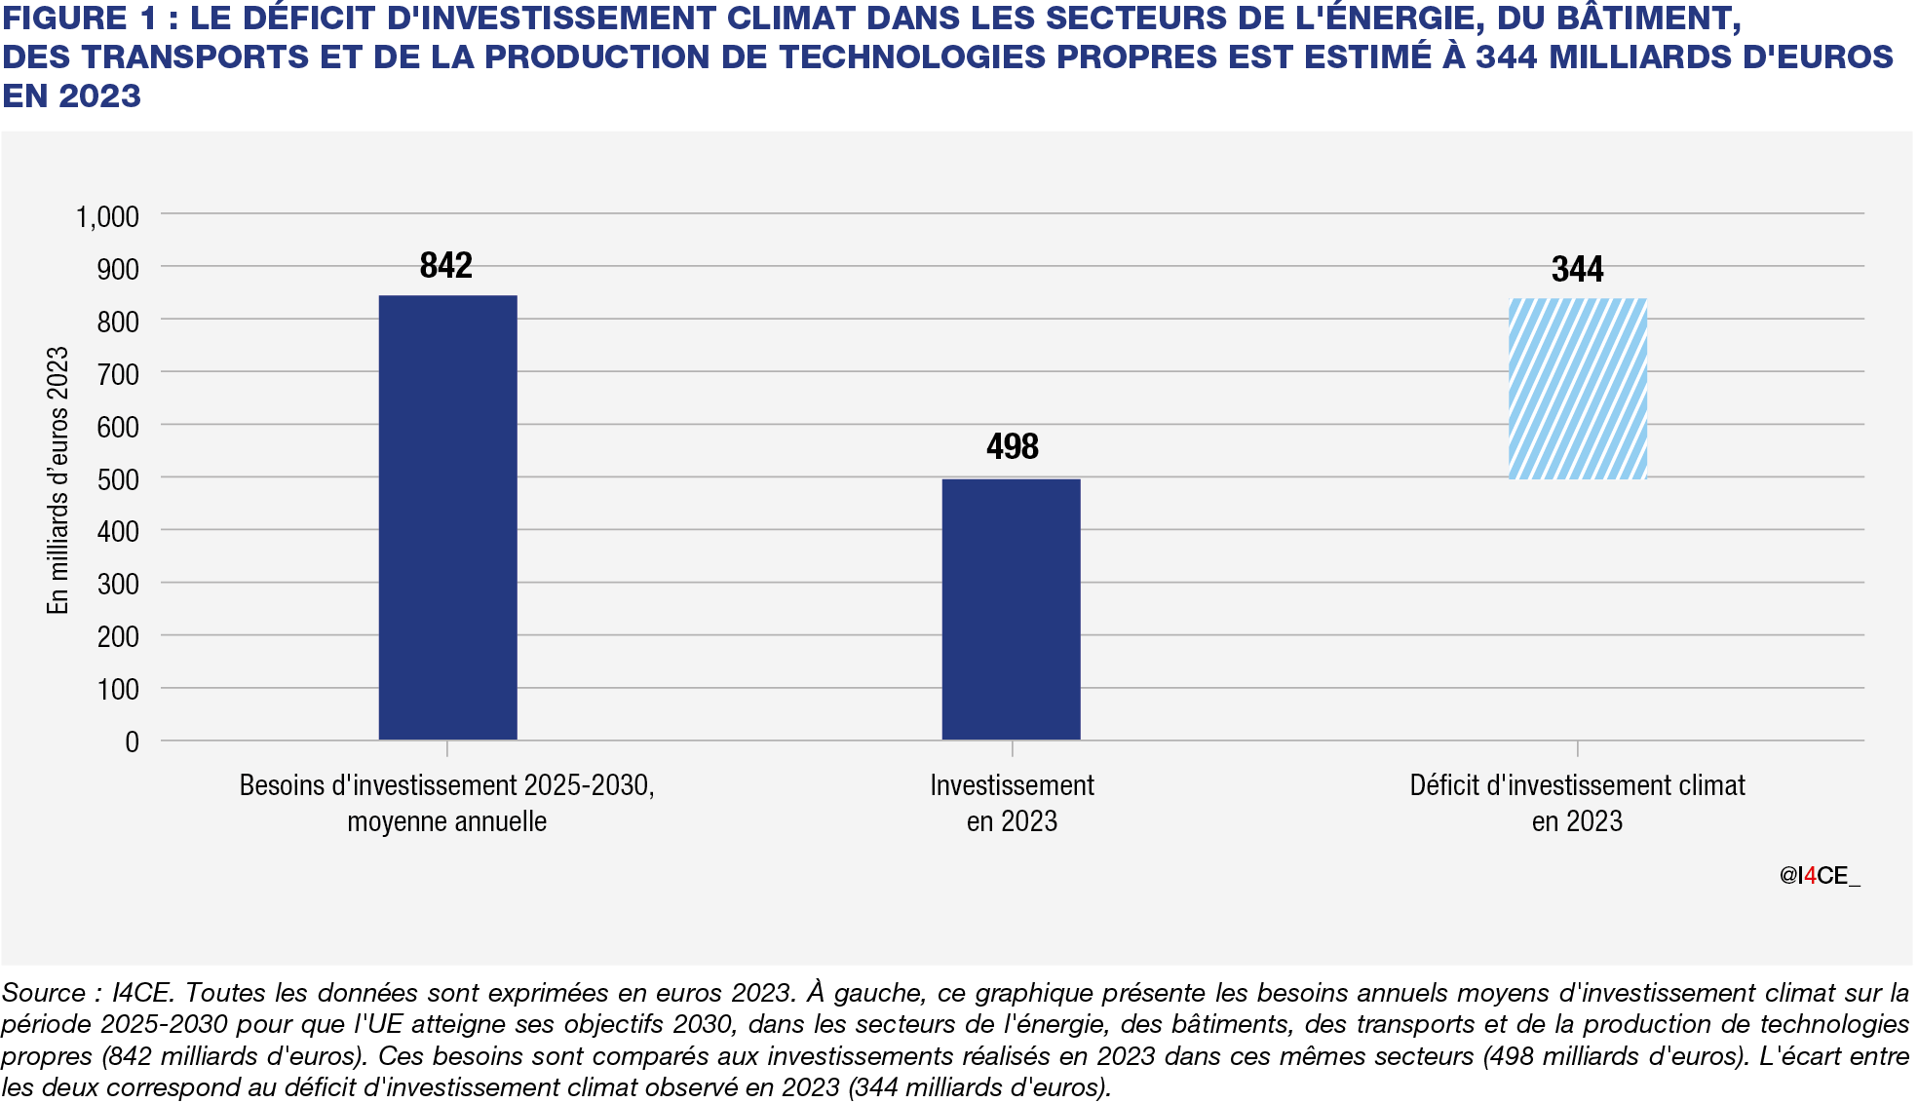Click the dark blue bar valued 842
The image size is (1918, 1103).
click(x=447, y=516)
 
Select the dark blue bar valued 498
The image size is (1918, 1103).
click(x=1011, y=609)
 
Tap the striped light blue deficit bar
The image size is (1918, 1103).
click(x=1577, y=389)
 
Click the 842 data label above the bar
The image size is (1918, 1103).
click(x=446, y=265)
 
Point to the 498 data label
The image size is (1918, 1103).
click(x=1012, y=446)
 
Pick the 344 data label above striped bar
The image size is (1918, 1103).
click(x=1577, y=269)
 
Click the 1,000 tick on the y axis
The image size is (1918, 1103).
click(x=107, y=216)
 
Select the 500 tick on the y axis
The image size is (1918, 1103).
click(x=118, y=479)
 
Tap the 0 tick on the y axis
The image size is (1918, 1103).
click(x=132, y=742)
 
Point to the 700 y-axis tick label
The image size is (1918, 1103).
click(x=118, y=374)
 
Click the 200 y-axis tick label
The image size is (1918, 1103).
click(x=118, y=637)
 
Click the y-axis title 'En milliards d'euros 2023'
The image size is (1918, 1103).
click(x=58, y=479)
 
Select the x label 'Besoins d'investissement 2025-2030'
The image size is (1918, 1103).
click(x=446, y=785)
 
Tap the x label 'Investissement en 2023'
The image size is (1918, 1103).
click(x=1012, y=803)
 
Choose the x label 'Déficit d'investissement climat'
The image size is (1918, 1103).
click(x=1577, y=785)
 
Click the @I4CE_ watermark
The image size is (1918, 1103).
click(x=1819, y=876)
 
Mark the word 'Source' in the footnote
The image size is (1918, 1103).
click(x=44, y=993)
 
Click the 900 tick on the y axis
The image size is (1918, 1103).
click(x=118, y=269)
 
